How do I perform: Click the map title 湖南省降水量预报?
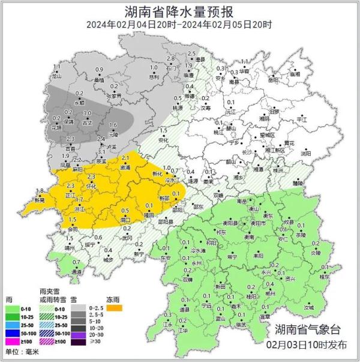coord(179,10)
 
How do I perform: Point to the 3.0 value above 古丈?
coord(87,113)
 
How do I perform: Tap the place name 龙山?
coord(56,77)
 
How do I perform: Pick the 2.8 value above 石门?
coord(170,59)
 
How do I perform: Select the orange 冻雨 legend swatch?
coord(114,307)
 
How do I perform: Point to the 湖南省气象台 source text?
coord(308,329)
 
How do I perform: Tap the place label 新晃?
coord(39,200)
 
